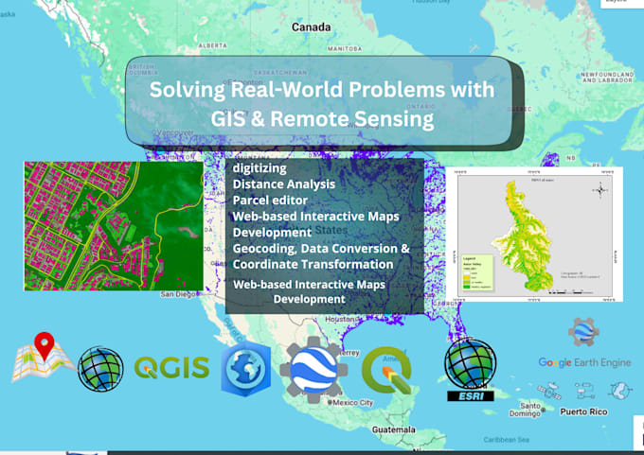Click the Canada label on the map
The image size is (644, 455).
(311, 27)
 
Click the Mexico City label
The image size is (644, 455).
(353, 403)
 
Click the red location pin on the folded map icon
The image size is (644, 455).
(44, 346)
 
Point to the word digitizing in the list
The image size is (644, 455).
(259, 167)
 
